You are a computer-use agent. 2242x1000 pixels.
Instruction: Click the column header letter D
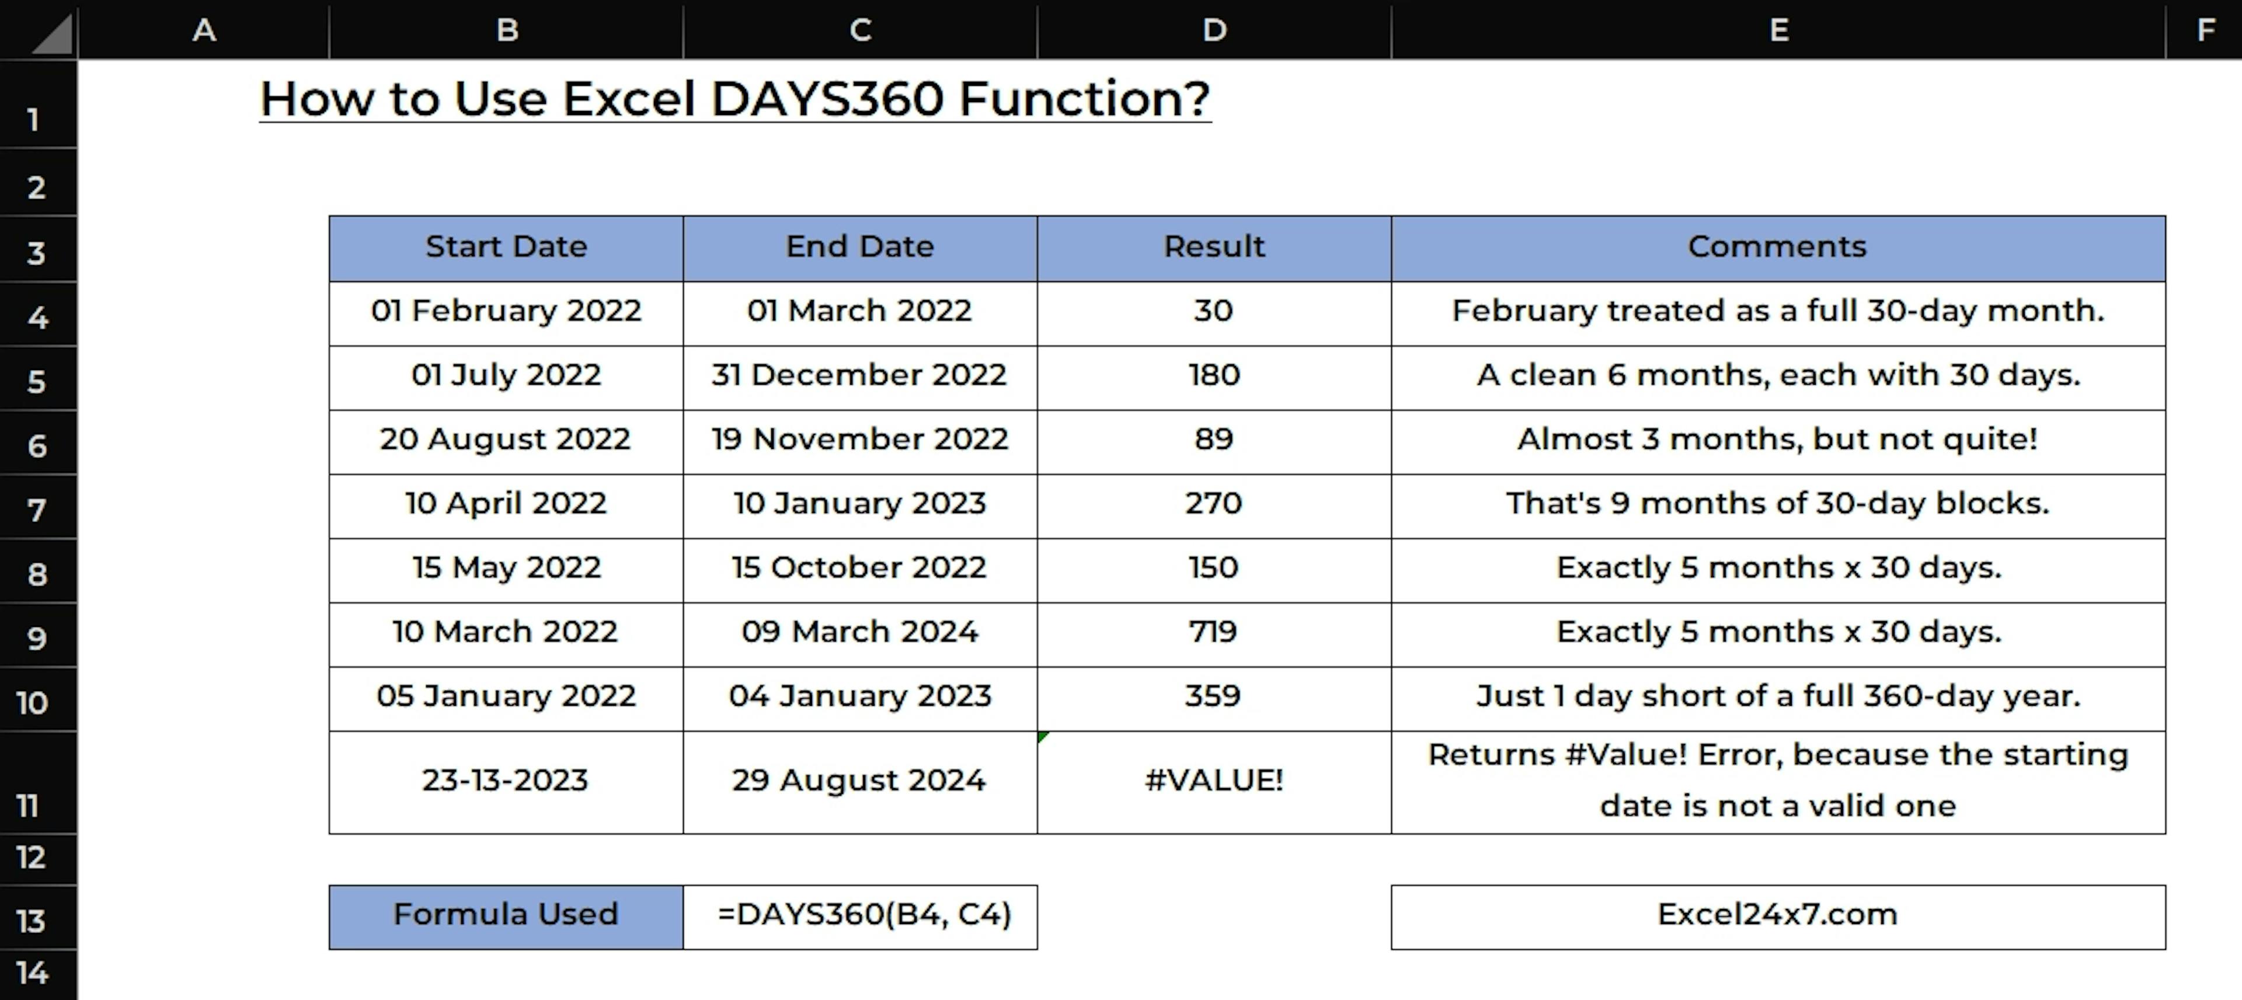[1214, 30]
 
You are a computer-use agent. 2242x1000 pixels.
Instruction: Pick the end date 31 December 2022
[859, 375]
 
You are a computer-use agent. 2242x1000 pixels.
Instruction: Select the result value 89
[1213, 438]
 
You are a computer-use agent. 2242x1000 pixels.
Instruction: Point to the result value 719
[1213, 631]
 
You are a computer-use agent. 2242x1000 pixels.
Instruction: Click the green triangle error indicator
[1042, 736]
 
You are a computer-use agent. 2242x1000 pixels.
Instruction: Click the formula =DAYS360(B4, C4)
[864, 915]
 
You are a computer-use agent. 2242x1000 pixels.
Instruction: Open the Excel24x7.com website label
[1777, 915]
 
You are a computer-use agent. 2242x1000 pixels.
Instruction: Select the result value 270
[1213, 503]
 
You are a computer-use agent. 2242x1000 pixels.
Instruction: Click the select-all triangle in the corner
[52, 37]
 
